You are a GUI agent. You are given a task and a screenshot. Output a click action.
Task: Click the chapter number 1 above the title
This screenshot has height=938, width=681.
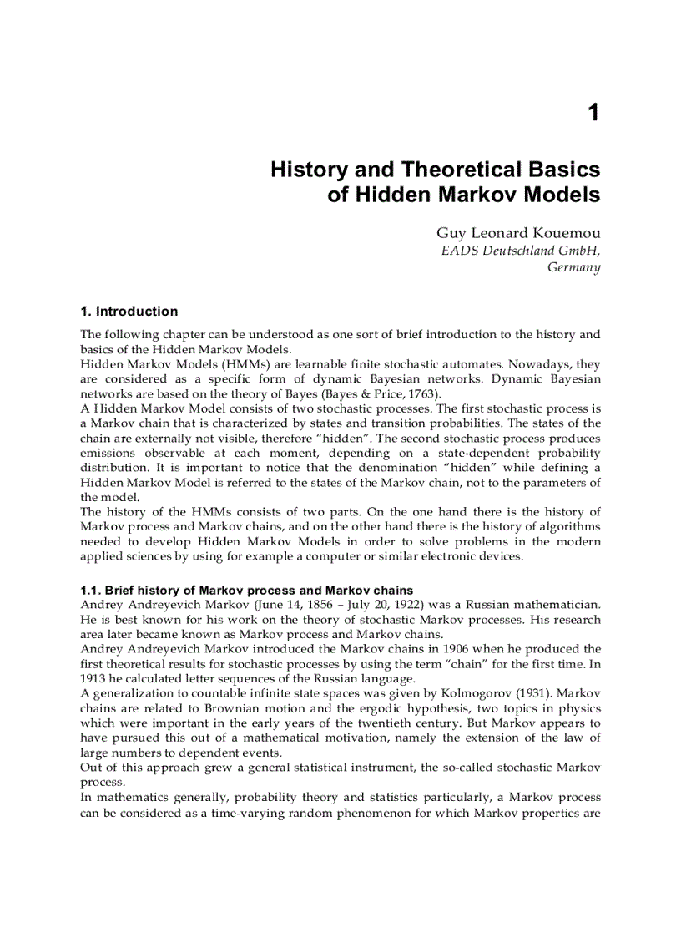(593, 113)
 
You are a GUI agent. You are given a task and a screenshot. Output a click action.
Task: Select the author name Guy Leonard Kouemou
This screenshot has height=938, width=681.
(517, 233)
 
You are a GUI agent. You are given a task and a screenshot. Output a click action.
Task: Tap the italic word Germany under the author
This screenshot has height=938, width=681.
(573, 267)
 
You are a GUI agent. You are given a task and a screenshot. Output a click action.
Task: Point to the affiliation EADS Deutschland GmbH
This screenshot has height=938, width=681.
(520, 251)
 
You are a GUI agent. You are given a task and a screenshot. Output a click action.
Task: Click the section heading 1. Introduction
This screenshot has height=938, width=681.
(129, 312)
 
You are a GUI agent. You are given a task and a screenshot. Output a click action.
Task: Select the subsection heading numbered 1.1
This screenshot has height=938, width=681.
(246, 591)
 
